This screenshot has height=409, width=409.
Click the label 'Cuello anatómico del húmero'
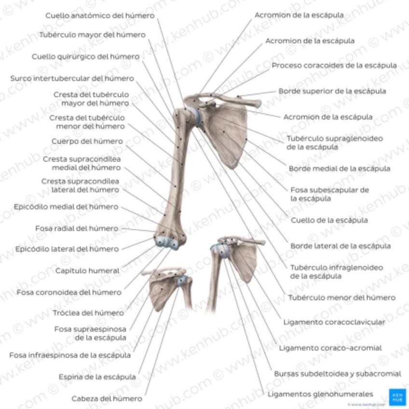tap(100, 15)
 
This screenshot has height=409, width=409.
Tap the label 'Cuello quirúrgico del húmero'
tap(85, 56)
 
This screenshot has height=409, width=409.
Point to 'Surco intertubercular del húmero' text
tap(72, 78)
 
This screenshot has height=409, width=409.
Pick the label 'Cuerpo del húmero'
tap(87, 141)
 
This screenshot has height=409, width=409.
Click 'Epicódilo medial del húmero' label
tap(66, 206)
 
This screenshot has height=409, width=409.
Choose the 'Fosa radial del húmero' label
tap(76, 228)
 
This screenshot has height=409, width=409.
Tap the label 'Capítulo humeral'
tap(87, 271)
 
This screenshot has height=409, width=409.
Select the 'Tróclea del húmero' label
tap(88, 313)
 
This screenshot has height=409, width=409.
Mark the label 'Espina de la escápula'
tap(97, 377)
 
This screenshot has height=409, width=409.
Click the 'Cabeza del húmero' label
tap(107, 398)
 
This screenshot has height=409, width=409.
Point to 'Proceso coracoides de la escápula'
tap(334, 65)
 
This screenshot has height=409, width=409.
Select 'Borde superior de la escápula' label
tap(332, 91)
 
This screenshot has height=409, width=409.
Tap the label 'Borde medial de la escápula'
tap(339, 168)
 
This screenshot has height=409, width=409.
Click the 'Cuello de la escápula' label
tap(329, 220)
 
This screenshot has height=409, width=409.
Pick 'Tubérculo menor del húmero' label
tap(341, 298)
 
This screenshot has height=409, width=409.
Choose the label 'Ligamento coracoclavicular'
tap(334, 322)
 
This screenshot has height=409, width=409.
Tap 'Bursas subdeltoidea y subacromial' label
tap(337, 373)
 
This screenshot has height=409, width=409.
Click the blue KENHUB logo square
tap(397, 396)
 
